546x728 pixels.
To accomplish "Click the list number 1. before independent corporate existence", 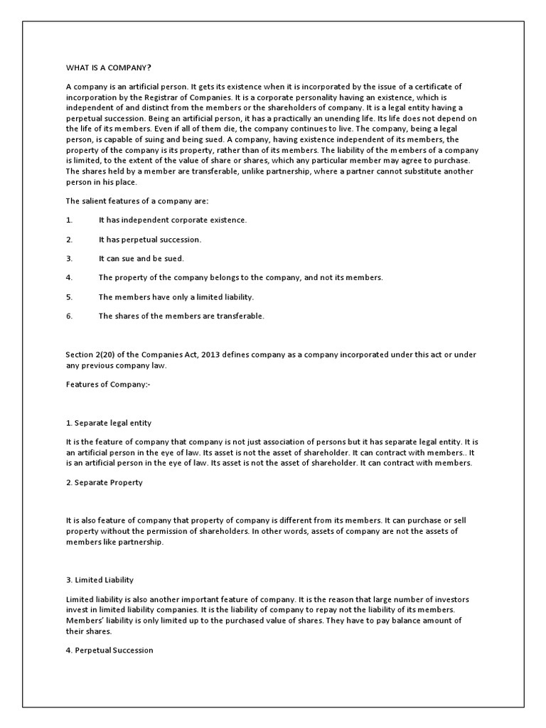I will pyautogui.click(x=69, y=220).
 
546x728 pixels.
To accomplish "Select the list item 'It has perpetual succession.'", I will pyautogui.click(x=150, y=240).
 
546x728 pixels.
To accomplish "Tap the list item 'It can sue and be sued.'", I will pyautogui.click(x=141, y=259).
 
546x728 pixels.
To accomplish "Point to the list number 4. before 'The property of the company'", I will pyautogui.click(x=69, y=277).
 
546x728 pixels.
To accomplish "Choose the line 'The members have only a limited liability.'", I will pyautogui.click(x=176, y=296).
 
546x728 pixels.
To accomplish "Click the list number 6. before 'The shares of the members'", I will pyautogui.click(x=69, y=316).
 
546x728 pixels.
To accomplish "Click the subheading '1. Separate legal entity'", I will pyautogui.click(x=108, y=423).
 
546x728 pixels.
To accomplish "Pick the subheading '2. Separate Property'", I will pyautogui.click(x=104, y=482).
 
